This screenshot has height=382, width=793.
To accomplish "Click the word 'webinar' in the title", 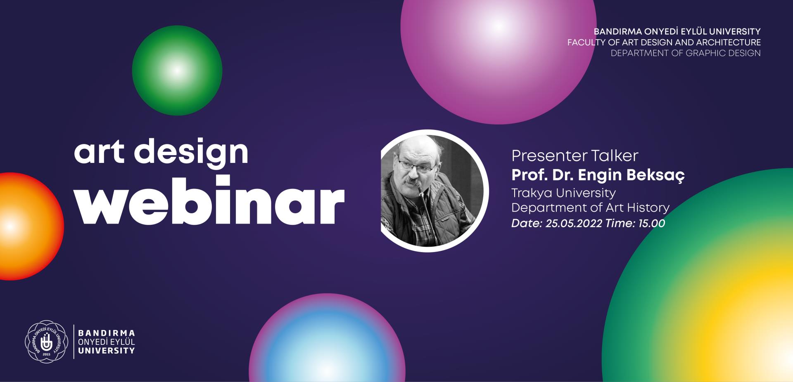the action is [209, 200].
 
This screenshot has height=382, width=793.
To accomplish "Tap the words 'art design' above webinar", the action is [161, 152].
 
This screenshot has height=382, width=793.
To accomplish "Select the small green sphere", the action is [177, 71].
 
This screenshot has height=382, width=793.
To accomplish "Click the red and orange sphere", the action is [29, 226].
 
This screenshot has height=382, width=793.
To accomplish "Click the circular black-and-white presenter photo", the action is [434, 191].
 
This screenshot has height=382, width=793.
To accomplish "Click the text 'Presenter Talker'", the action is [575, 156].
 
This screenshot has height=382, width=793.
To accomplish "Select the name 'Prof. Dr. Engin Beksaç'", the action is [598, 175].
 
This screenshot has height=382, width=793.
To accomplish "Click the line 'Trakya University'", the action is [563, 193].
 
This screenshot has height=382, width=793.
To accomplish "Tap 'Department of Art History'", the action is [590, 208].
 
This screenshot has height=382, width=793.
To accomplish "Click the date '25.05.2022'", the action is [574, 223].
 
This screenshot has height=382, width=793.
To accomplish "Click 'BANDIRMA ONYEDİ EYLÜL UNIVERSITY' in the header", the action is [677, 31].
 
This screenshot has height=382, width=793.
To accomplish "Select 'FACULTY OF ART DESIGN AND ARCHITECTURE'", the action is [664, 42].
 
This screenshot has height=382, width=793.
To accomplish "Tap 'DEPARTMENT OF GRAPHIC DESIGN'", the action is [686, 53].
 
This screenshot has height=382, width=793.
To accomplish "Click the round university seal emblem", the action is [46, 342].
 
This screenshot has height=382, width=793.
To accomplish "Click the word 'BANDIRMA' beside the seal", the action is [107, 333].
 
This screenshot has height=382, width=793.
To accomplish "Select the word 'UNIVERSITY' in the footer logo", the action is [107, 351].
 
